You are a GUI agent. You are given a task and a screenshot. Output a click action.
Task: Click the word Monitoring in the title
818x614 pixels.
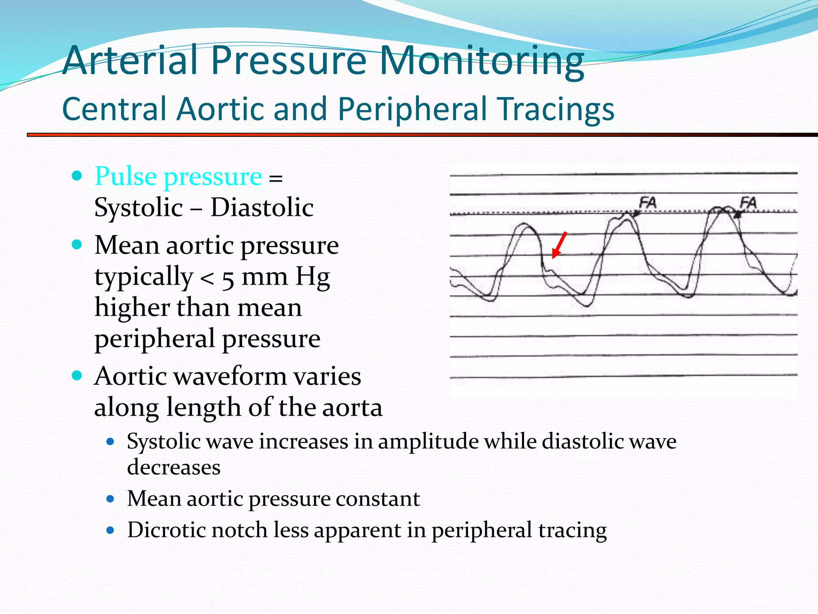click(x=481, y=61)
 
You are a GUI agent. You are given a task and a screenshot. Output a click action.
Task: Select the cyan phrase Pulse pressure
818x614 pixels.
click(x=178, y=176)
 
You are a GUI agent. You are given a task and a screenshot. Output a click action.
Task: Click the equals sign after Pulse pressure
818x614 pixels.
click(x=276, y=178)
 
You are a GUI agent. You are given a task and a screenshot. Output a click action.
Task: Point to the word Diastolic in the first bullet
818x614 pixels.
click(x=262, y=207)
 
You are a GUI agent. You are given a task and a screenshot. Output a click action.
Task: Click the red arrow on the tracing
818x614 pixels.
click(x=559, y=245)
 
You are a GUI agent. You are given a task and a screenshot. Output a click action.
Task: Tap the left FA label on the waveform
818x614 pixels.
click(x=647, y=203)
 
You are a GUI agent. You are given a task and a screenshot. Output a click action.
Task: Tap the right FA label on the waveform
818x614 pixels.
click(x=748, y=203)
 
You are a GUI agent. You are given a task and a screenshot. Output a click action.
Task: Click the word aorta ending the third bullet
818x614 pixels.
click(x=352, y=407)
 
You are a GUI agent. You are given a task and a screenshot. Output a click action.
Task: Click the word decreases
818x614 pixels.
click(x=174, y=467)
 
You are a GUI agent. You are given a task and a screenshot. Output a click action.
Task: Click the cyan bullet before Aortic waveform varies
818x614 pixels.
click(x=77, y=376)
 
